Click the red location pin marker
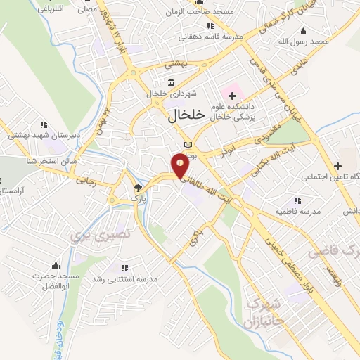180,167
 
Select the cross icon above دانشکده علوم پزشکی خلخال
232,95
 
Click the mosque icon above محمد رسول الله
303,31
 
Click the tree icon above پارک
138,188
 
